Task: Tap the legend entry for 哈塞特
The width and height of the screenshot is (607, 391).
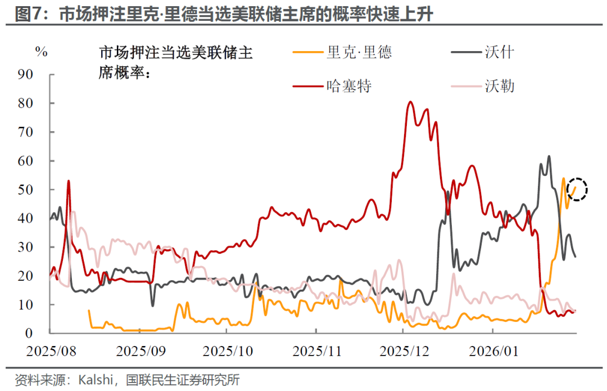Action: click(348, 86)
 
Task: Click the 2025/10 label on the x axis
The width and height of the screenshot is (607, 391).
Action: click(228, 352)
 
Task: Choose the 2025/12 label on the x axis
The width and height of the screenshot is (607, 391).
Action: click(405, 352)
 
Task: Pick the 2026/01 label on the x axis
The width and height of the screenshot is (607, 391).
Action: click(493, 352)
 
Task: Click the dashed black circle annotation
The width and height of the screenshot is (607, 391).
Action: click(577, 190)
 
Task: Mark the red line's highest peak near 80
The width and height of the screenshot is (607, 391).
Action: click(410, 102)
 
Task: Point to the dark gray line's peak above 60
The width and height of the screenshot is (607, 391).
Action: click(549, 156)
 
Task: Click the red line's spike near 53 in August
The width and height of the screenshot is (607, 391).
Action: click(69, 181)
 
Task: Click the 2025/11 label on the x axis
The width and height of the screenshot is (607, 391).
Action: click(316, 352)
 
